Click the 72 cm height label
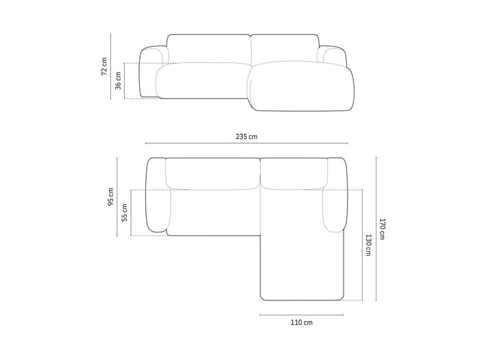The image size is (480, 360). (x=104, y=67)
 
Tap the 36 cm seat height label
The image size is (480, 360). (x=118, y=80)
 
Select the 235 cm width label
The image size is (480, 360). (x=246, y=136)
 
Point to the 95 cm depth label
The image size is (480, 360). (x=110, y=197)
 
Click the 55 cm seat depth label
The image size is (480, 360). (x=125, y=213)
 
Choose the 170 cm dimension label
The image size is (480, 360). (x=382, y=229)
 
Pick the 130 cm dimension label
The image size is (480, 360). (x=368, y=245)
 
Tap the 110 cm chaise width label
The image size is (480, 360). (x=302, y=322)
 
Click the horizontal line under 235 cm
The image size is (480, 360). (x=246, y=143)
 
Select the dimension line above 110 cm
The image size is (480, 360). (x=302, y=315)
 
